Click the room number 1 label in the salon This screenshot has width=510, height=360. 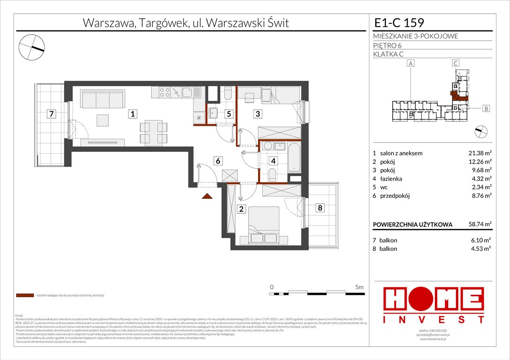pyautogui.click(x=133, y=113)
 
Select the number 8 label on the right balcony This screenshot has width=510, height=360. pyautogui.click(x=320, y=208)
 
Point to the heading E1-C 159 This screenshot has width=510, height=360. pyautogui.click(x=399, y=23)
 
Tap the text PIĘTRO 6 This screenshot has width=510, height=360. pyautogui.click(x=388, y=45)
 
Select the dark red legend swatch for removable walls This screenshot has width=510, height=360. pyautogui.click(x=24, y=296)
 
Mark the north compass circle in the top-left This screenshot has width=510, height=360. pyautogui.click(x=32, y=47)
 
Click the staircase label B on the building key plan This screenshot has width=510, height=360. pyautogui.click(x=486, y=109)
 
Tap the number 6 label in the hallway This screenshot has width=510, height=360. pyautogui.click(x=217, y=161)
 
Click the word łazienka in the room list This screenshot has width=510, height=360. pyautogui.click(x=392, y=179)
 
